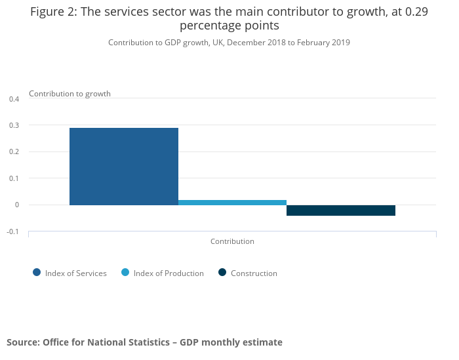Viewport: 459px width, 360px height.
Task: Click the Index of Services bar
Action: [124, 166]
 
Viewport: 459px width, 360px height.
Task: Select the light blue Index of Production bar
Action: [232, 202]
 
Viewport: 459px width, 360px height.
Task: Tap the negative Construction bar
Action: [341, 210]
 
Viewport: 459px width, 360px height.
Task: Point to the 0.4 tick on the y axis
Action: [14, 99]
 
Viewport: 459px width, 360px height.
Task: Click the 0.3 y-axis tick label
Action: [14, 125]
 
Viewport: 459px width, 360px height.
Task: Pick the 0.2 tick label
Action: [14, 152]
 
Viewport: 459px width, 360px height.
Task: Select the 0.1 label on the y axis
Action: [14, 178]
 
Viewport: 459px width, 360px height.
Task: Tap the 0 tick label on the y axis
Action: [18, 205]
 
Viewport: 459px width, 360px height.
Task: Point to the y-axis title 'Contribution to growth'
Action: [70, 94]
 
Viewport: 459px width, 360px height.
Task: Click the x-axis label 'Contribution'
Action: [232, 241]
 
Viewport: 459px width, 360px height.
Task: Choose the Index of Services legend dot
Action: [37, 273]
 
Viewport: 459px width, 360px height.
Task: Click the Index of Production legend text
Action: [169, 273]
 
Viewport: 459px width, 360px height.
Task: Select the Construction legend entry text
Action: [254, 273]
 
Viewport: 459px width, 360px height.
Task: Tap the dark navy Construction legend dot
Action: [222, 273]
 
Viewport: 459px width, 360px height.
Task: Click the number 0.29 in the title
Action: [416, 12]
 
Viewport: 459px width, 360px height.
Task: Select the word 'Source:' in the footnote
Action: [23, 342]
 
